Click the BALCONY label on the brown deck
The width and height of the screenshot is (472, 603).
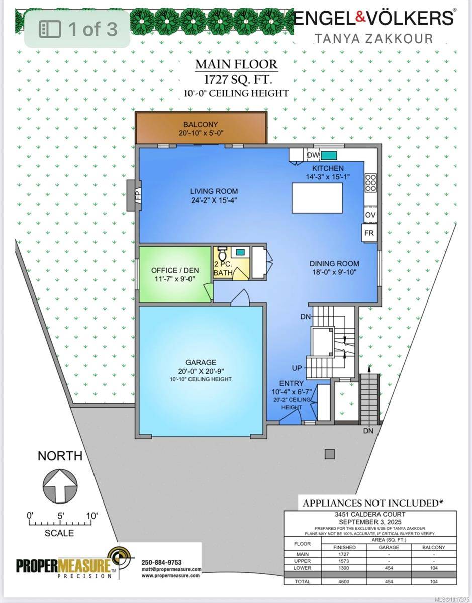click(201, 124)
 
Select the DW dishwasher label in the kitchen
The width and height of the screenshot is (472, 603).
click(313, 155)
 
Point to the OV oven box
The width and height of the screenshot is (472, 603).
click(370, 215)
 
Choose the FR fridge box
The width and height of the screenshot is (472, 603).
click(370, 233)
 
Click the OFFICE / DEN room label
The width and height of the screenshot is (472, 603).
click(175, 270)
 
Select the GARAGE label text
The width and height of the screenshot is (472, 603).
click(200, 362)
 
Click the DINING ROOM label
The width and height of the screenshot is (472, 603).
click(334, 263)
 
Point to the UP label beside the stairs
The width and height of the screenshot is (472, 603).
click(298, 368)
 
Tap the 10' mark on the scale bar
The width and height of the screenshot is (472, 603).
click(91, 516)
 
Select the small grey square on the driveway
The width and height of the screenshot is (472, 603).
click(329, 454)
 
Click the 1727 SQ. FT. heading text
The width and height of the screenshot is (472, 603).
click(236, 79)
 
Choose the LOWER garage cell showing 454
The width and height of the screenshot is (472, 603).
click(389, 568)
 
